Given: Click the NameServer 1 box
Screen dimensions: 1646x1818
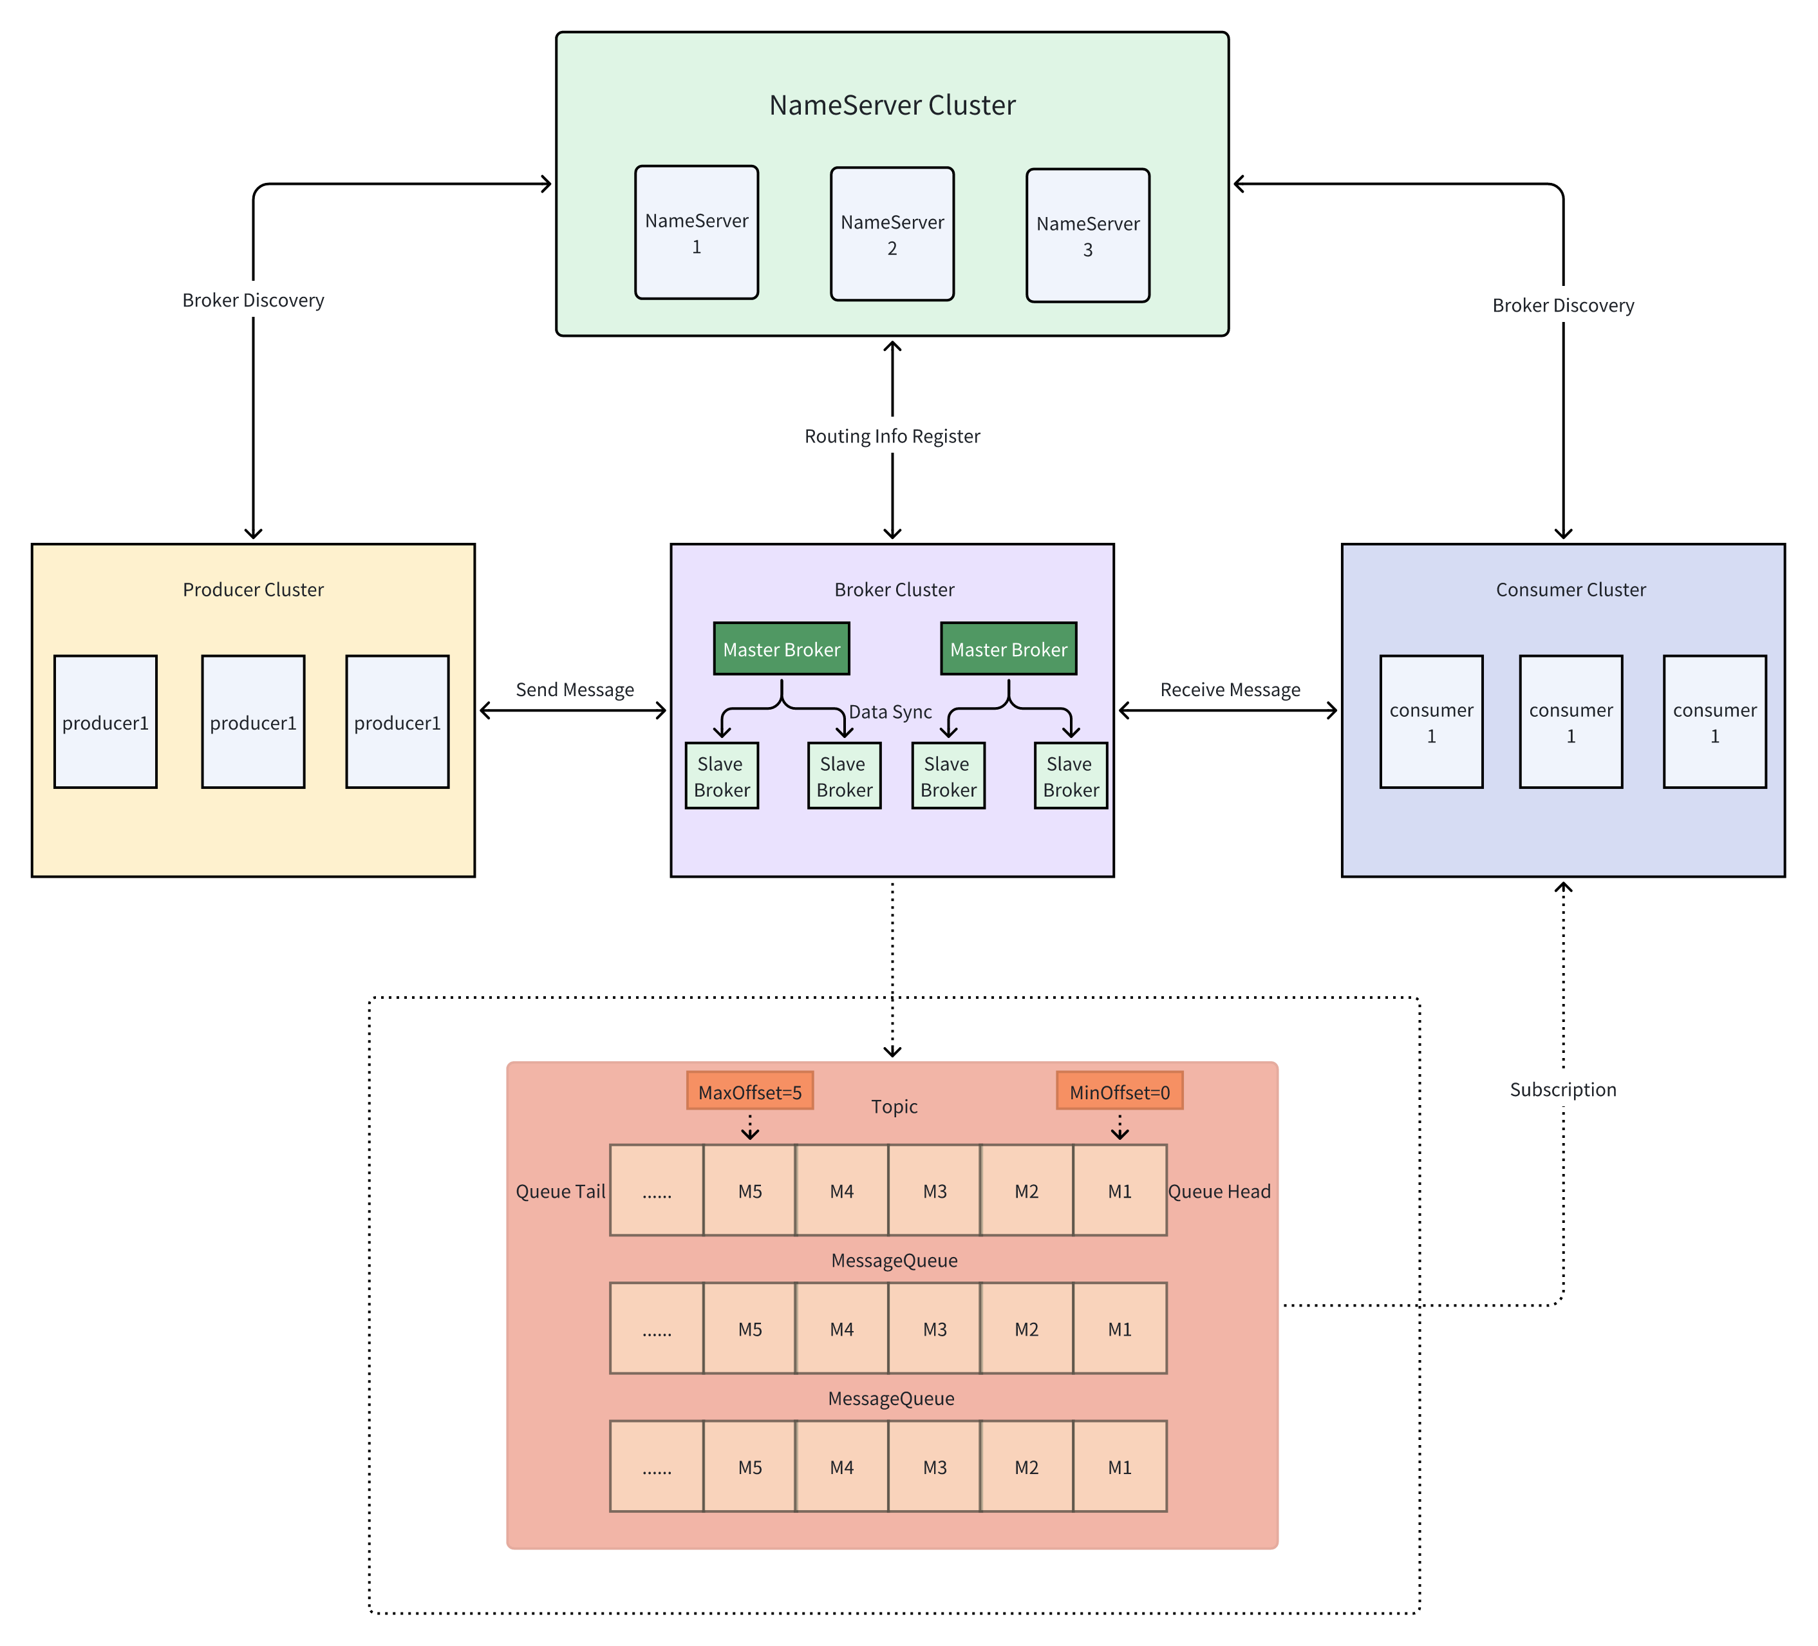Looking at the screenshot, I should pyautogui.click(x=696, y=232).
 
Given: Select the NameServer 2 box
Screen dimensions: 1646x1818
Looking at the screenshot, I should pyautogui.click(x=892, y=234).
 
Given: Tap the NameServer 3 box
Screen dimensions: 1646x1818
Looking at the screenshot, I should pyautogui.click(x=1087, y=236).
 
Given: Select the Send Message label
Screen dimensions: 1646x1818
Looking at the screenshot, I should pyautogui.click(x=574, y=690).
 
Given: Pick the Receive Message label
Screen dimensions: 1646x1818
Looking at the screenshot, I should pyautogui.click(x=1230, y=690).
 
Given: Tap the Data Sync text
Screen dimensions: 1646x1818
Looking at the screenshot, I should pyautogui.click(x=890, y=712).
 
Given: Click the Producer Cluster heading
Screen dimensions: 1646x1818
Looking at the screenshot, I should pyautogui.click(x=254, y=590).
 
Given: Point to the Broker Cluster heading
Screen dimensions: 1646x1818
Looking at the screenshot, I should pyautogui.click(x=894, y=590).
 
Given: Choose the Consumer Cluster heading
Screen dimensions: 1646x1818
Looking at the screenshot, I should pyautogui.click(x=1570, y=590).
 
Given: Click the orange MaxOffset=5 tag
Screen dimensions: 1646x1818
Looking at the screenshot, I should pyautogui.click(x=749, y=1092).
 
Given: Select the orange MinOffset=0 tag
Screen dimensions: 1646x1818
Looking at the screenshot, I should pyautogui.click(x=1119, y=1092).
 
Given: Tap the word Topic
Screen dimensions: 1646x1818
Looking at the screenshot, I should pyautogui.click(x=894, y=1106).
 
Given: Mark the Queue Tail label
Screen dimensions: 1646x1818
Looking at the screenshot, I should pyautogui.click(x=560, y=1191).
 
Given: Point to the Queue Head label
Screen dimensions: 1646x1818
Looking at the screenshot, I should pyautogui.click(x=1219, y=1191).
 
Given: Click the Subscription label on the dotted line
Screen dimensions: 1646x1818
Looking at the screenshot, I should pyautogui.click(x=1563, y=1090).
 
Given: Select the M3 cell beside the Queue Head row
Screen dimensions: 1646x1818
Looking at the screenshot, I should pyautogui.click(x=934, y=1191).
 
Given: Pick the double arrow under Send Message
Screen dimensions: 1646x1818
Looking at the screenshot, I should pyautogui.click(x=573, y=711).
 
